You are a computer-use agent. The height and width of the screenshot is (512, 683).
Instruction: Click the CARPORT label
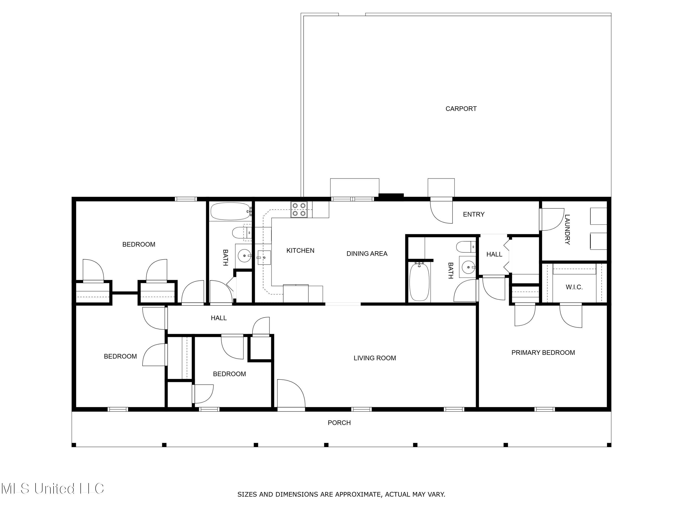tap(461, 109)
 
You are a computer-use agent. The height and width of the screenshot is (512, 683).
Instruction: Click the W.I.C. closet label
tap(574, 287)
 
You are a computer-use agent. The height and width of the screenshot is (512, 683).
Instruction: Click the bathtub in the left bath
tap(230, 211)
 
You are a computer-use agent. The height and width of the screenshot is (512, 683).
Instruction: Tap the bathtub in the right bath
tap(419, 281)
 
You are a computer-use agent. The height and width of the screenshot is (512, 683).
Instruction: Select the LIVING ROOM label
tap(375, 358)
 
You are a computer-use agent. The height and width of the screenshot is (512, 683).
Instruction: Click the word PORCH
tap(339, 423)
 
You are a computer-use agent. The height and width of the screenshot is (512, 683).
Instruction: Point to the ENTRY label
tap(473, 214)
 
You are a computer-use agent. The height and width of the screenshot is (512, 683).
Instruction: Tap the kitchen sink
tap(264, 257)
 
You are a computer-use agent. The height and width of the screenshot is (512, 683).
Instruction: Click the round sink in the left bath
tap(245, 256)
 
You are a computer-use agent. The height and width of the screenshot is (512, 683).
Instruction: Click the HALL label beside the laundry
tap(494, 254)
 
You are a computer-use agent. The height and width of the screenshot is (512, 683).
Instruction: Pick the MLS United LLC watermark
tap(53, 489)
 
